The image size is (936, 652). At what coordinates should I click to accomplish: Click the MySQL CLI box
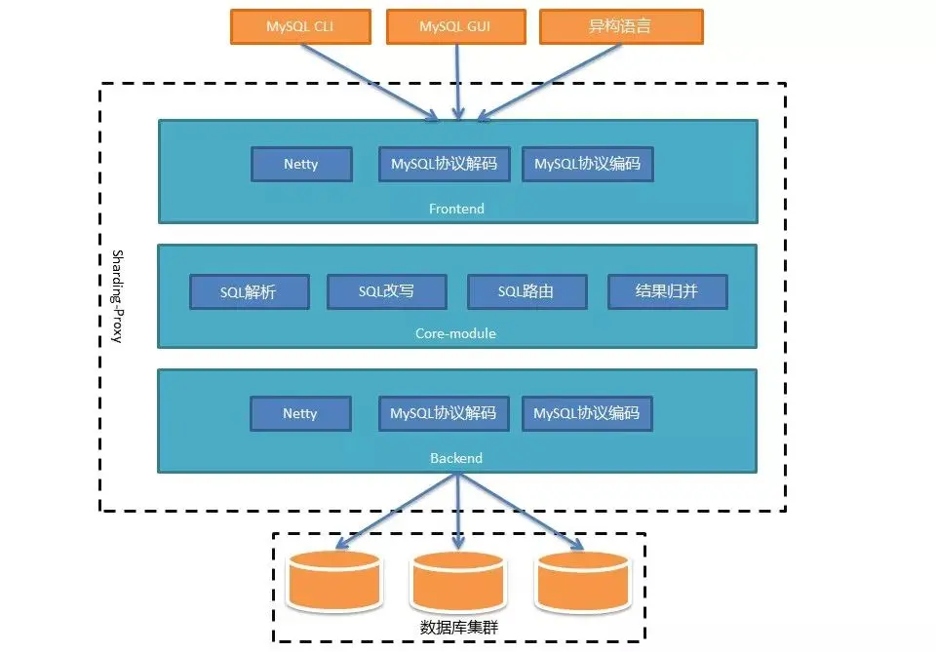(300, 27)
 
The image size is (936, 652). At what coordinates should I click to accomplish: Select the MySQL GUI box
(456, 27)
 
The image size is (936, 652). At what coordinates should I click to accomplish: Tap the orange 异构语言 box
(621, 27)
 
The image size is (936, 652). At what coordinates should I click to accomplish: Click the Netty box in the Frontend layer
(301, 164)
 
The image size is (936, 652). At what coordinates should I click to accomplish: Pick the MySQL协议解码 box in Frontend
(444, 164)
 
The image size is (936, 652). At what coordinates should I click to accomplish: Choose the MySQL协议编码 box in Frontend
(587, 164)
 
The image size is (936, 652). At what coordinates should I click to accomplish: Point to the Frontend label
(456, 209)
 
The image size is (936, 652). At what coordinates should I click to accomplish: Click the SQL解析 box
(250, 291)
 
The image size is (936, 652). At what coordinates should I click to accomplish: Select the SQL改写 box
(387, 291)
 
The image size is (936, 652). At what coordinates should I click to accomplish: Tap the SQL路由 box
(527, 291)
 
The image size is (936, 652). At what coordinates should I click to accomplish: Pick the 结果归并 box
(668, 291)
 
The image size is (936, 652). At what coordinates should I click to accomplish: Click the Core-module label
(456, 333)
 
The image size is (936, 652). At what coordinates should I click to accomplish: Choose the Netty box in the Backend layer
(300, 413)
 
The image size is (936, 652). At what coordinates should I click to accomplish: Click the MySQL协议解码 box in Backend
(444, 413)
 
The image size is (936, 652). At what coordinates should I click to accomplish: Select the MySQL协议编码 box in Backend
(587, 413)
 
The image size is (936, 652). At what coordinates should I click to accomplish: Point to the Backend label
(456, 458)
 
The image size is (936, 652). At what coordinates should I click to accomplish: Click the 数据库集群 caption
(458, 628)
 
